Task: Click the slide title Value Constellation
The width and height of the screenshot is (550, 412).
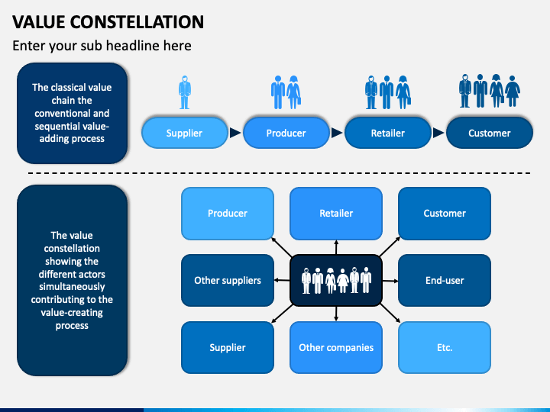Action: click(108, 21)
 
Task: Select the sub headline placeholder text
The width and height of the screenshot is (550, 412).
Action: click(102, 46)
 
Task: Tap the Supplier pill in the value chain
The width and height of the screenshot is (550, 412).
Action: click(185, 133)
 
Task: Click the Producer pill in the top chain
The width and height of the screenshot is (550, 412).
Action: click(286, 133)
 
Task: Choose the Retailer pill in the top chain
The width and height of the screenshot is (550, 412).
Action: click(387, 133)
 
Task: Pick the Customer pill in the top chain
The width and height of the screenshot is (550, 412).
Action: click(489, 133)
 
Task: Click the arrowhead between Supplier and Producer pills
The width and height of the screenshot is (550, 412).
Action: click(235, 133)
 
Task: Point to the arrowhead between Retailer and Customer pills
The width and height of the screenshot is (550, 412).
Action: click(438, 133)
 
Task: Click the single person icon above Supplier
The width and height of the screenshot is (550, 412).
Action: click(185, 92)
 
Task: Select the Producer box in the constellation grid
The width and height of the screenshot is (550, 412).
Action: click(228, 213)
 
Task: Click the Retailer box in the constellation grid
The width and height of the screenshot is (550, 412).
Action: click(336, 213)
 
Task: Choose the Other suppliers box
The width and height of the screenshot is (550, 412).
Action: click(228, 280)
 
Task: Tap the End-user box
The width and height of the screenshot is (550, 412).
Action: click(445, 280)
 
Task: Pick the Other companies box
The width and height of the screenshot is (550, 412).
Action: click(336, 347)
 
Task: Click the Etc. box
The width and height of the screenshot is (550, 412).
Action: click(445, 347)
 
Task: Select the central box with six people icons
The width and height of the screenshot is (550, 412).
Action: click(336, 280)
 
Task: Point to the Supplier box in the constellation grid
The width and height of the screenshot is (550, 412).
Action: click(228, 347)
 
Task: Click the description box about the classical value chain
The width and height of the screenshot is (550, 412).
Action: click(72, 113)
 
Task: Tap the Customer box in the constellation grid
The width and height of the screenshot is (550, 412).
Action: click(445, 213)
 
